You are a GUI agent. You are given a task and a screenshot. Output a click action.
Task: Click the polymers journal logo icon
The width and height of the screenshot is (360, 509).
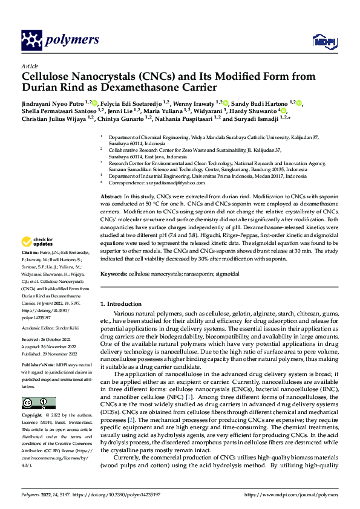[x=32, y=41]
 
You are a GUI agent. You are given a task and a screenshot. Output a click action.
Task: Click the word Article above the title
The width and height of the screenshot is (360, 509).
[x=29, y=66]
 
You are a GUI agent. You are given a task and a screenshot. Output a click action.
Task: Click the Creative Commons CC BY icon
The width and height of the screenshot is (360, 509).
[x=38, y=403]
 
